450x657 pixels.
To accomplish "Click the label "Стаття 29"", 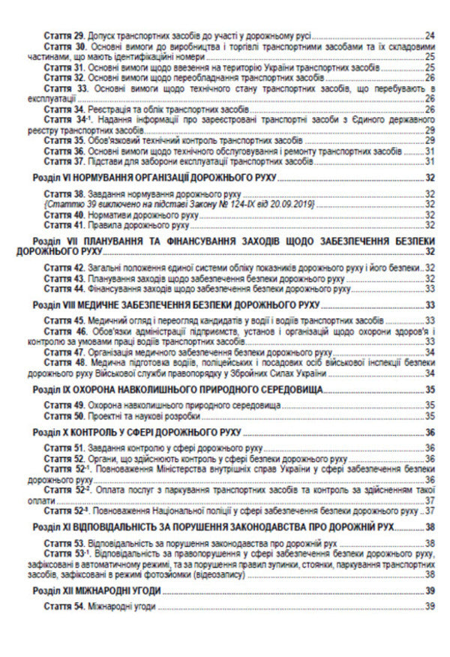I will click(64, 35).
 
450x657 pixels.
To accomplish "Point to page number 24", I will click(430, 35).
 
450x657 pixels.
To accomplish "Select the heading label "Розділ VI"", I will click(55, 178).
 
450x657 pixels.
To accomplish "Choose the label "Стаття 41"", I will click(64, 223).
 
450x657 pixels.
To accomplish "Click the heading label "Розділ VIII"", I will click(57, 305).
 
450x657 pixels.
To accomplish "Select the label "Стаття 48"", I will click(64, 362).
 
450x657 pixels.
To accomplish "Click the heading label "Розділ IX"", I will click(55, 390).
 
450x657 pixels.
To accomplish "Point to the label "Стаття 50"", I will click(64, 415).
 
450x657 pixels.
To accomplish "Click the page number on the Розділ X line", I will click(430, 433).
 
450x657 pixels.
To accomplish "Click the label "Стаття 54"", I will click(64, 606).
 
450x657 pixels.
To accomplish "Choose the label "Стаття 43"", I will click(64, 278).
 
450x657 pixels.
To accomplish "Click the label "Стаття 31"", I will click(64, 67).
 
